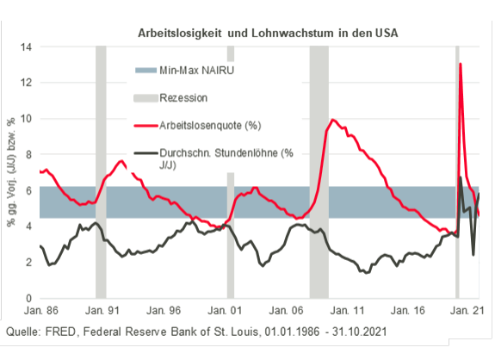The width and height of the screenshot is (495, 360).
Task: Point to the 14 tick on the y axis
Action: [x=25, y=47]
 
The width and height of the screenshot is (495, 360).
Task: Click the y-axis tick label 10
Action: [x=25, y=118]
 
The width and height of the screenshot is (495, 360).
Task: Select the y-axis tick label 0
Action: [x=28, y=297]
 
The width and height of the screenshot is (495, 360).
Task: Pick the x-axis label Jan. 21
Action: [x=465, y=313]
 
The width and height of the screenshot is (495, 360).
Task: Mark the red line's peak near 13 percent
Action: [x=461, y=65]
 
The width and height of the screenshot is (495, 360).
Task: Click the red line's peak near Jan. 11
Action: [x=333, y=120]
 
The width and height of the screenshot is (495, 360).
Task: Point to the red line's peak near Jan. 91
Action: [x=121, y=161]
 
